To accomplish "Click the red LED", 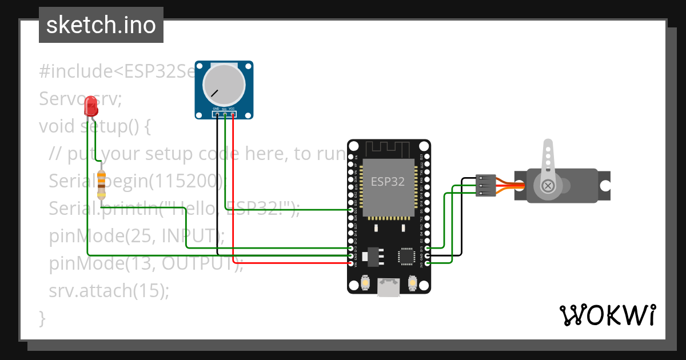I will coord(90,106).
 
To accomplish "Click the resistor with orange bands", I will coord(102,181).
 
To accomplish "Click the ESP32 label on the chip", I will coord(388,182).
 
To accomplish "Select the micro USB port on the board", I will coord(389,287).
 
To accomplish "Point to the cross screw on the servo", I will coord(548,186).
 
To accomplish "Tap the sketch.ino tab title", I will coord(101,25).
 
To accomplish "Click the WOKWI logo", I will coord(607,315).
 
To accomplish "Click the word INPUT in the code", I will coord(189,235).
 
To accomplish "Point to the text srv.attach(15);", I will coord(109,290).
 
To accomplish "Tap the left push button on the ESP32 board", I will coord(365,282).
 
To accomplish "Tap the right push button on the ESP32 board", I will coord(412,282).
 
